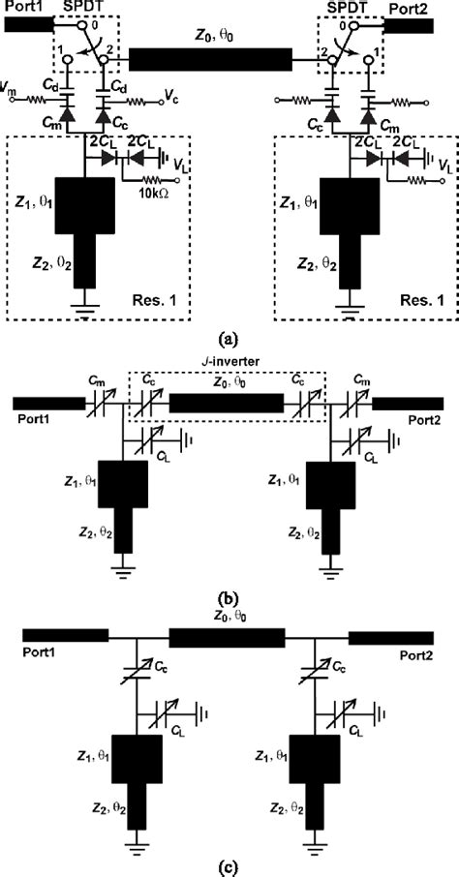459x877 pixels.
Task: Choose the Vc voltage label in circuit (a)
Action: click(x=172, y=99)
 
